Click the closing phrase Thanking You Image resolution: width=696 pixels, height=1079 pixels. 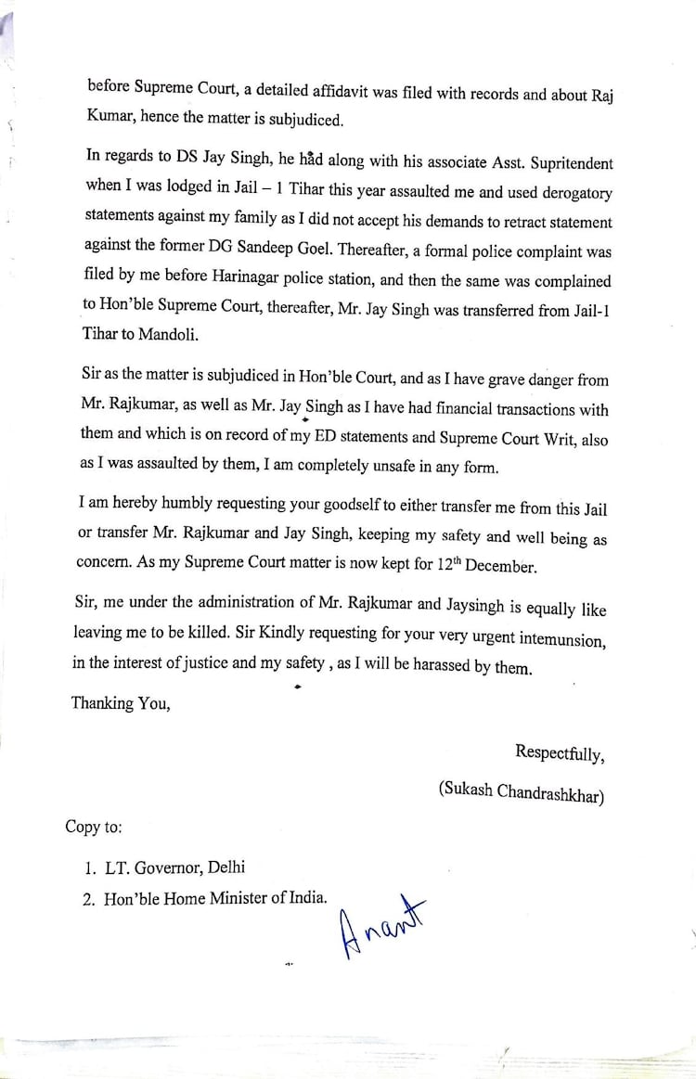[x=121, y=703]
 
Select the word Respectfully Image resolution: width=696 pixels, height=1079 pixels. [x=559, y=753]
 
